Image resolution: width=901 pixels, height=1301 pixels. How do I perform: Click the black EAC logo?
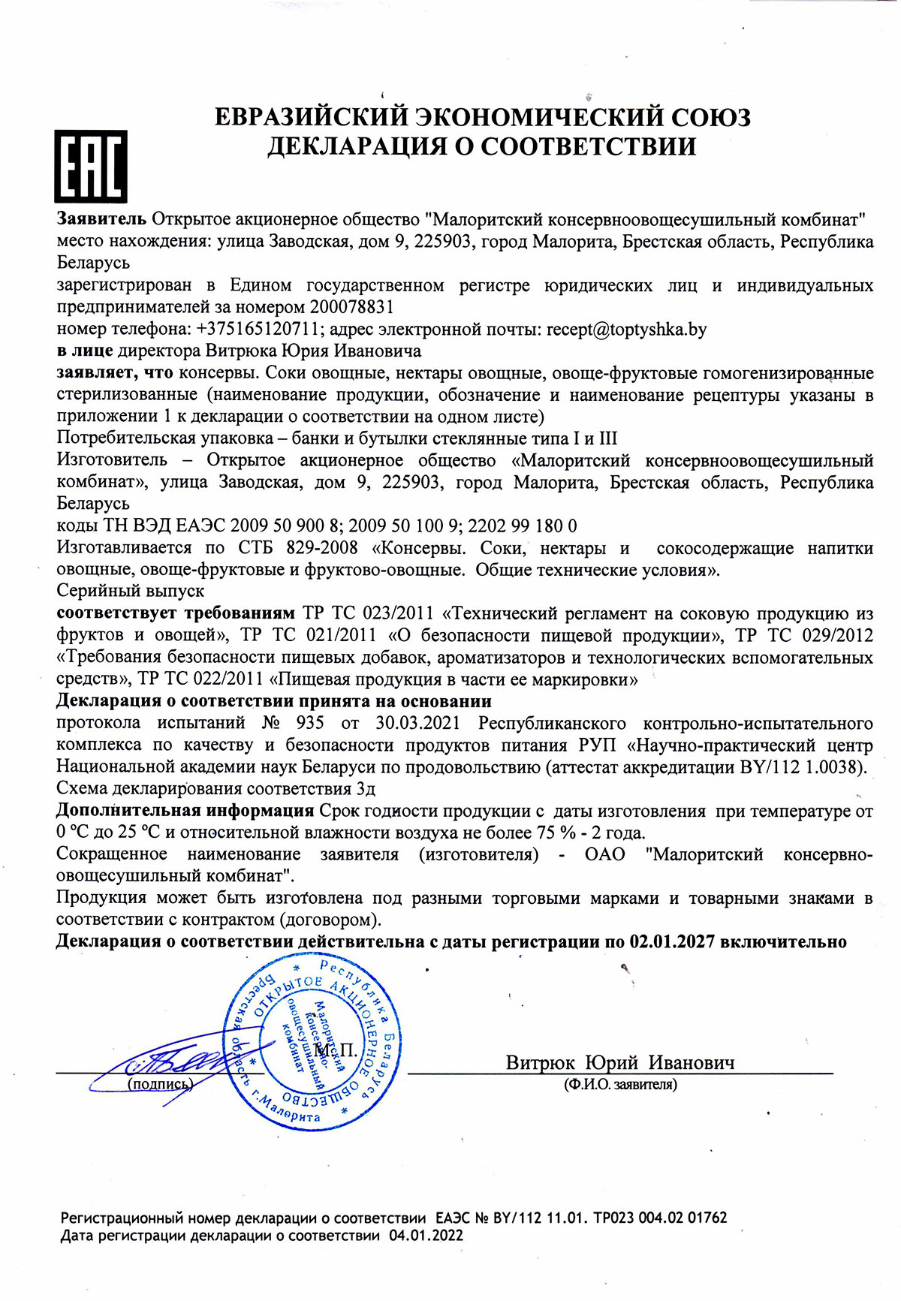tap(90, 166)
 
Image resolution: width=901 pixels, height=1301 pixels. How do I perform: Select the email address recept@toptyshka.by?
tap(626, 330)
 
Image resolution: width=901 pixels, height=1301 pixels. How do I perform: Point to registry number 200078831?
tap(352, 308)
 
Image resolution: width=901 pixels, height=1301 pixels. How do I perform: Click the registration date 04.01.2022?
tap(426, 1236)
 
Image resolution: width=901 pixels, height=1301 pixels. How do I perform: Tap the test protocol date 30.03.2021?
tap(417, 723)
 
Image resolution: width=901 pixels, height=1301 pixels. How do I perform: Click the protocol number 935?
tap(310, 723)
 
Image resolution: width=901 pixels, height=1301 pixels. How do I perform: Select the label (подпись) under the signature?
tap(160, 1084)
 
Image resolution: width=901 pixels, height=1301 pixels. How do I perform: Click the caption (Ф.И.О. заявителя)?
tap(620, 1084)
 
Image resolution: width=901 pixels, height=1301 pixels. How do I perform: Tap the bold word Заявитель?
tap(102, 219)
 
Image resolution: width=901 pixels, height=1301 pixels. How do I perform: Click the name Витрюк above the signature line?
tap(540, 1062)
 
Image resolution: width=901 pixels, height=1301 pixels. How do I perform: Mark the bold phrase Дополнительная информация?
tap(185, 811)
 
